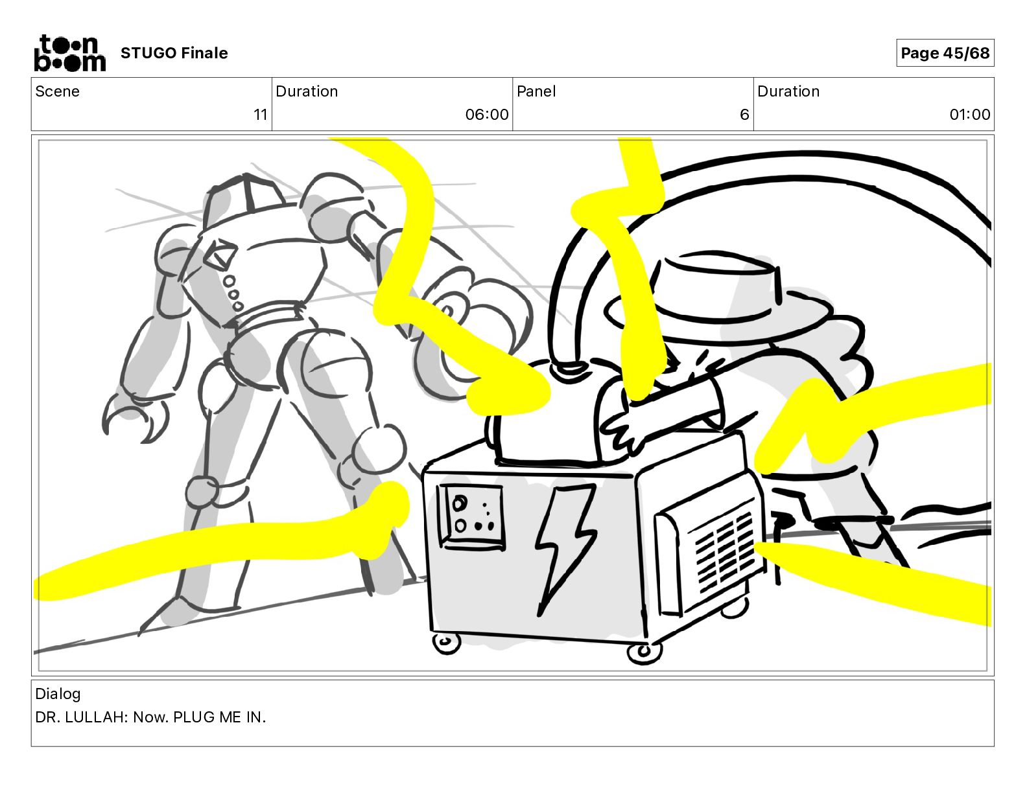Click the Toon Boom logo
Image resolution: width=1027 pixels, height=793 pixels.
click(x=70, y=53)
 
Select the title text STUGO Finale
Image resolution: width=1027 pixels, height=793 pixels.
click(x=174, y=53)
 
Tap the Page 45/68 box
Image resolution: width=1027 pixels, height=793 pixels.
click(x=945, y=53)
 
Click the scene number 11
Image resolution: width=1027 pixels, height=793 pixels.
click(x=261, y=114)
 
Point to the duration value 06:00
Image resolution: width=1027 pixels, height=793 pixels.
click(x=487, y=114)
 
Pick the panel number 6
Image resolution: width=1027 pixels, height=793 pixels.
click(x=744, y=114)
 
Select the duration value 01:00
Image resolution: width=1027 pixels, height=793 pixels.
click(x=970, y=114)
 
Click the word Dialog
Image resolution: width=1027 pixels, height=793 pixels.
click(x=58, y=694)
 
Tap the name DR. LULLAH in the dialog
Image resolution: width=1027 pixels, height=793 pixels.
click(x=81, y=717)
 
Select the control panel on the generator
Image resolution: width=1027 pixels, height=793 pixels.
click(x=471, y=517)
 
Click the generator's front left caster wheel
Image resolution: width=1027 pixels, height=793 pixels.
click(x=446, y=644)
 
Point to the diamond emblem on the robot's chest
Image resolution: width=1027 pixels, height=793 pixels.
click(x=219, y=253)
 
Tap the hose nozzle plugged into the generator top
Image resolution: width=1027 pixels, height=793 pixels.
click(x=569, y=368)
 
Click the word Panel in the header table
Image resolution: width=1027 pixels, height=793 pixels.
click(x=536, y=91)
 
